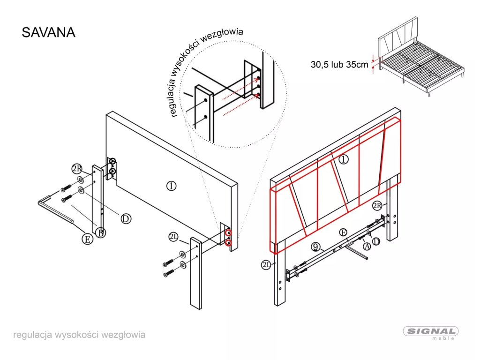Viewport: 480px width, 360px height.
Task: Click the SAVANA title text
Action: point(49,33)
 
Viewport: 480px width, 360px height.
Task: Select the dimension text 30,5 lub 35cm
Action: point(339,65)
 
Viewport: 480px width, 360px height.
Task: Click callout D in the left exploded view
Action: point(125,218)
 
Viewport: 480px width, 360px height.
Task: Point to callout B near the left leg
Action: point(100,232)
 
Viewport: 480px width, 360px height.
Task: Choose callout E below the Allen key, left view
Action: point(87,239)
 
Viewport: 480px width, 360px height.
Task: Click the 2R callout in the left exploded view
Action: point(77,168)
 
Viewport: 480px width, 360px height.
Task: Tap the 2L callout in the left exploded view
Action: point(173,238)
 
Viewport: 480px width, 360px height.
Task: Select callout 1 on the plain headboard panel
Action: point(172,186)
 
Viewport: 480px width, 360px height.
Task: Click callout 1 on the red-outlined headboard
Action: point(344,159)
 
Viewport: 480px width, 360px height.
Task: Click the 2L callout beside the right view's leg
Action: point(266,265)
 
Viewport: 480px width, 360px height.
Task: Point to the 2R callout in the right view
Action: point(378,205)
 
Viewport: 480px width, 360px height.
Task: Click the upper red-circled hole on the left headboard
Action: point(228,233)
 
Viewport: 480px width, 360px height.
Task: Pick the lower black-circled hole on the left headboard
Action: point(113,172)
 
